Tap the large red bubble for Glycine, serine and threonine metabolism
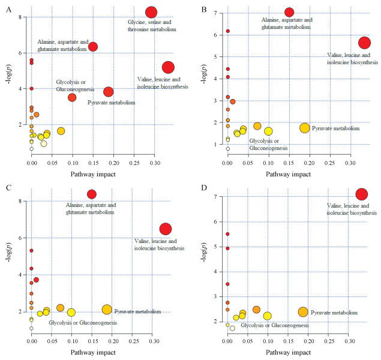click(151, 11)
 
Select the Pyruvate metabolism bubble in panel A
click(109, 92)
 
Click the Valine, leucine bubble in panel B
click(364, 43)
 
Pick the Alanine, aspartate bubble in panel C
click(92, 194)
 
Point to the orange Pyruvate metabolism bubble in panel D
click(303, 312)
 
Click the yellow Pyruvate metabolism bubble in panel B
click(305, 128)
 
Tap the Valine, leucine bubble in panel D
click(362, 194)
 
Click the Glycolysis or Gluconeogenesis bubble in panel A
click(72, 97)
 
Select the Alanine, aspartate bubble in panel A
click(93, 47)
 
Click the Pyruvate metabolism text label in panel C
click(137, 311)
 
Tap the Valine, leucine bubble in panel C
click(166, 229)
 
